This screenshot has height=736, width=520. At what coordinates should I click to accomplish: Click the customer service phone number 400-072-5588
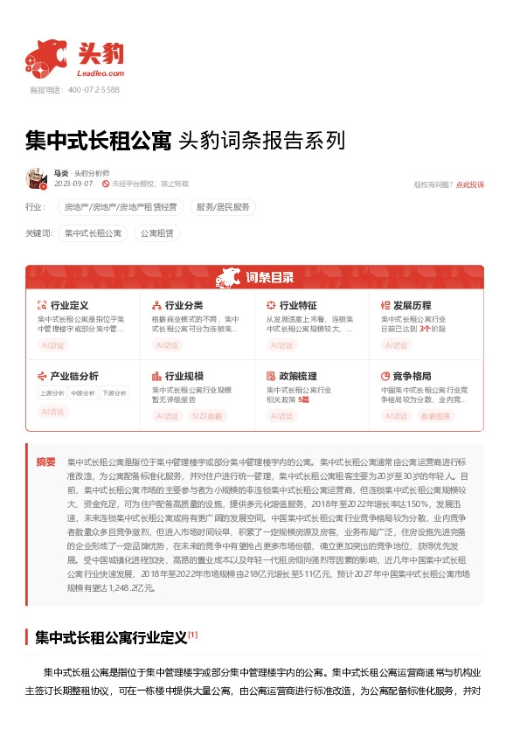point(94,90)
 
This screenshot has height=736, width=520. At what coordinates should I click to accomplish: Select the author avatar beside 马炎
point(36,178)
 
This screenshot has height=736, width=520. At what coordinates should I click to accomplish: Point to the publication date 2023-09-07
point(73,184)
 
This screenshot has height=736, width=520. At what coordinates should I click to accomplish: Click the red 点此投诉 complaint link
point(469,184)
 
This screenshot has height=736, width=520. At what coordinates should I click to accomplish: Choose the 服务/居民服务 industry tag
point(223,207)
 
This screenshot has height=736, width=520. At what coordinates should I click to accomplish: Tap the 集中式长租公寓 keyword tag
point(94,233)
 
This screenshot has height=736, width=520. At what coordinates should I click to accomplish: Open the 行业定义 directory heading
point(69,305)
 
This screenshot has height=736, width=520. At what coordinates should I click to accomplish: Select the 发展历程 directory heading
point(412,305)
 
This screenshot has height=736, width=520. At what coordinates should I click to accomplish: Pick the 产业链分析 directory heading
point(74,376)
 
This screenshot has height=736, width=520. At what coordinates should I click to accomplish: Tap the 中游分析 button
point(83,393)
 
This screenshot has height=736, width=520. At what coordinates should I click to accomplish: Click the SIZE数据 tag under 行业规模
point(207,416)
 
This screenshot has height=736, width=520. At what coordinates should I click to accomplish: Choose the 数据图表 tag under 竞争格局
point(436,416)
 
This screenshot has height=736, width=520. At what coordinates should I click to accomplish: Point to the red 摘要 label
point(46,461)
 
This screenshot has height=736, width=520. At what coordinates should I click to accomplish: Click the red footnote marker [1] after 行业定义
point(193,635)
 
